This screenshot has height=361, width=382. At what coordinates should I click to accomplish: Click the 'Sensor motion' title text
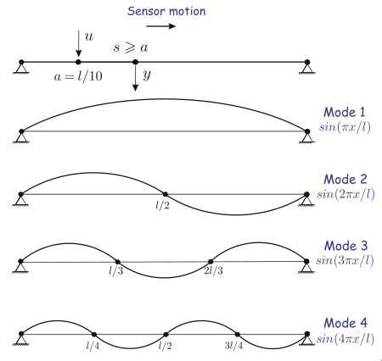pos(166,11)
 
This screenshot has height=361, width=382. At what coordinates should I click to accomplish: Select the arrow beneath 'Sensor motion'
pos(160,26)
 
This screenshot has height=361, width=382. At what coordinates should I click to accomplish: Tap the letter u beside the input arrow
pos(89,36)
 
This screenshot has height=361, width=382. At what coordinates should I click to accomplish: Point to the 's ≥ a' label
pos(131,47)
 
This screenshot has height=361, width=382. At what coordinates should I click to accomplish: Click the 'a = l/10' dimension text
pos(78,76)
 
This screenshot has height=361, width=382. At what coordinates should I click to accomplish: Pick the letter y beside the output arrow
pos(147,75)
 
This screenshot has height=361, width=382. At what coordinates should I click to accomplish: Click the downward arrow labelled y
pos(136,77)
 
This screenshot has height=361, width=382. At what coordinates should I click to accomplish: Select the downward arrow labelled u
pos(79,43)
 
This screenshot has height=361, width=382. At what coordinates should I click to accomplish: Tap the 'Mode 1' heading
pos(345,112)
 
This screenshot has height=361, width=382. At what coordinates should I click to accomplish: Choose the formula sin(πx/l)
pos(345,127)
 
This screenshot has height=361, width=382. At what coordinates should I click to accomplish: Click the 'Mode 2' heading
pos(345,180)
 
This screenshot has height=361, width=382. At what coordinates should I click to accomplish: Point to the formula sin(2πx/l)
pos(345,194)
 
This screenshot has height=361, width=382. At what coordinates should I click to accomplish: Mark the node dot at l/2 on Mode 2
pos(166,194)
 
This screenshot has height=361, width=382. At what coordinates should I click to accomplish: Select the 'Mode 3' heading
pos(345,246)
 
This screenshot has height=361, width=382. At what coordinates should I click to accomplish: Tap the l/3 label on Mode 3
pos(115,271)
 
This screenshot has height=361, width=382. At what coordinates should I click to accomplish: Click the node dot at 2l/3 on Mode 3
pos(211,262)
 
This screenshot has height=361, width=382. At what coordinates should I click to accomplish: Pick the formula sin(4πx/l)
pos(345,338)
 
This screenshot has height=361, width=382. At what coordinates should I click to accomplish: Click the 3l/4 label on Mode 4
pos(233,346)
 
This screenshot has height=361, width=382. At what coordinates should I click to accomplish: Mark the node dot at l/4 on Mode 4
pos(94,335)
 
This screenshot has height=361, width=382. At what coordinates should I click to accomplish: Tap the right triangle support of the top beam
pos(307,68)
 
